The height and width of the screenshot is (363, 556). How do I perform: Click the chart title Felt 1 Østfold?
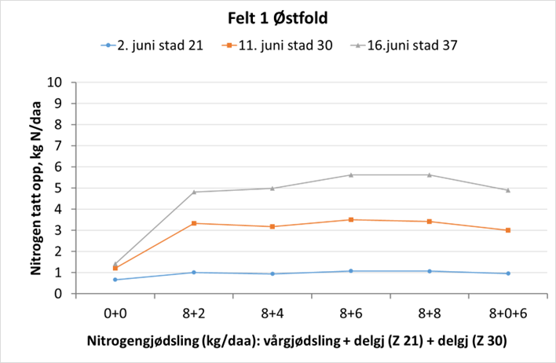(x=278, y=17)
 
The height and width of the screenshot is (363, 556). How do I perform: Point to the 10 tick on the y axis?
(x=56, y=82)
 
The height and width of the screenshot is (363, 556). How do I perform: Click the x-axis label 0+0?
(x=115, y=312)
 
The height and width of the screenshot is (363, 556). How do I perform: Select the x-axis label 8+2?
(x=194, y=312)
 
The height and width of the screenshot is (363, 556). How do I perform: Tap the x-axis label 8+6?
(x=351, y=312)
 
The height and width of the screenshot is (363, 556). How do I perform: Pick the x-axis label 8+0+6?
(x=508, y=312)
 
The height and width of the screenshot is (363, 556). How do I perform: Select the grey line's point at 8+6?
(x=351, y=174)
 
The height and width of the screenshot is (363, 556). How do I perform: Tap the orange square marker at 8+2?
(x=194, y=223)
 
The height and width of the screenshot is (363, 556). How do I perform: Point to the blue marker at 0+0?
(x=115, y=280)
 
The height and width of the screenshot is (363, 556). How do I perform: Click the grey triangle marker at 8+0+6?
(x=508, y=189)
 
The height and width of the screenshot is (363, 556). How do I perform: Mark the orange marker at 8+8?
(x=430, y=222)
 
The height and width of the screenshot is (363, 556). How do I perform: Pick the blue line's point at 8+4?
(x=273, y=273)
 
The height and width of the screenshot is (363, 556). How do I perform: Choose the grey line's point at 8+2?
(x=194, y=192)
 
